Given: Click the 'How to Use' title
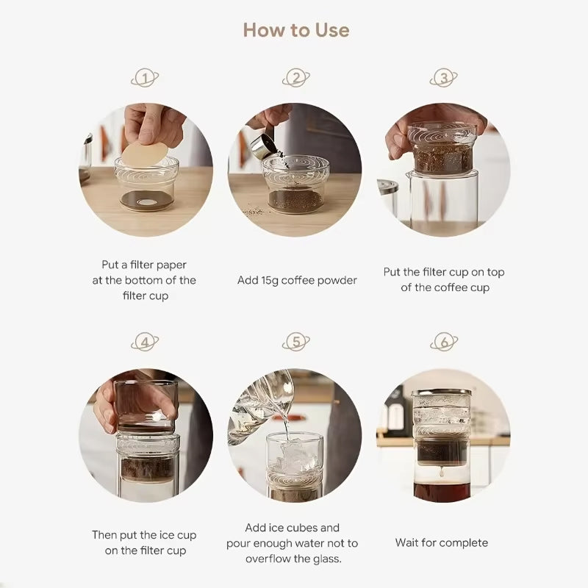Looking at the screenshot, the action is coord(296,30).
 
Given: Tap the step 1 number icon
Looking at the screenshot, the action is coord(145,78).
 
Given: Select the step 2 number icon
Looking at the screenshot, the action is coord(296,78).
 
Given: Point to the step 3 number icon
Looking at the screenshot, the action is coord(444,78).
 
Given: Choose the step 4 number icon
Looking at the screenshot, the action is coord(145,342).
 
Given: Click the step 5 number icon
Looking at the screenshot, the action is coord(296,342).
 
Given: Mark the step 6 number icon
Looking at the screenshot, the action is coord(444,342).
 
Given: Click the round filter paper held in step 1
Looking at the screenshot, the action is coord(145,154).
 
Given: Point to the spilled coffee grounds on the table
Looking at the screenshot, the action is coord(254,212).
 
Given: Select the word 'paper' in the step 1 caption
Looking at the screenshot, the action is coord(171,265).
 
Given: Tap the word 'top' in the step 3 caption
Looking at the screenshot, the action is coord(495,273).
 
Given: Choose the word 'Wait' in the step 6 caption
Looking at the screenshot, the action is coord(406,542).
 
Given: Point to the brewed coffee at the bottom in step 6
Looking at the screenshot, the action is coord(442,492).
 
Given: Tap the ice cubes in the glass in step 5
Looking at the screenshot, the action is coord(295,456).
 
